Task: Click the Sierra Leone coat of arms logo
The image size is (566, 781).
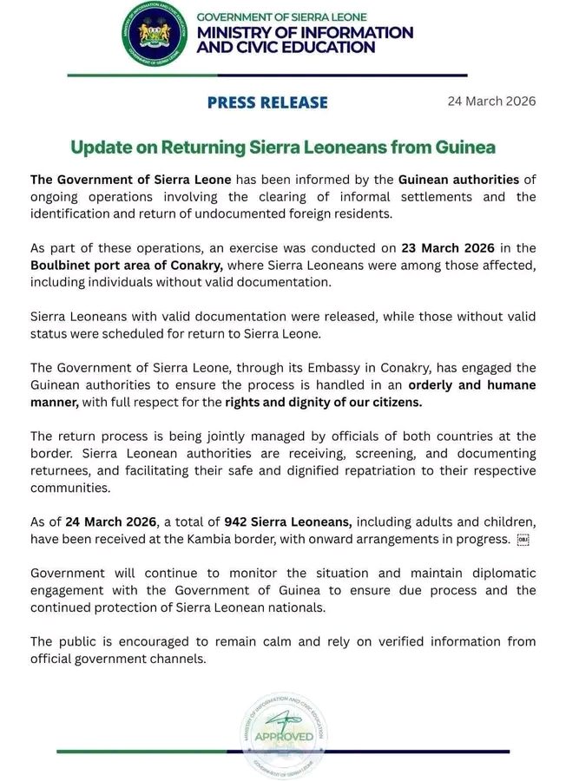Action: point(155,35)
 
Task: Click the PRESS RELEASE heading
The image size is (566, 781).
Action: point(267,102)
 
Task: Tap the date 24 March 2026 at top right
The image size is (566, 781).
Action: point(491,101)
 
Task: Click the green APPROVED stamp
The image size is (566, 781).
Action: point(283,736)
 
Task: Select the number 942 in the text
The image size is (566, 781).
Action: point(237,521)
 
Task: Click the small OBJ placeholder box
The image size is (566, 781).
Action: point(523,539)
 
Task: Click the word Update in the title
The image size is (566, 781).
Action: point(98,148)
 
